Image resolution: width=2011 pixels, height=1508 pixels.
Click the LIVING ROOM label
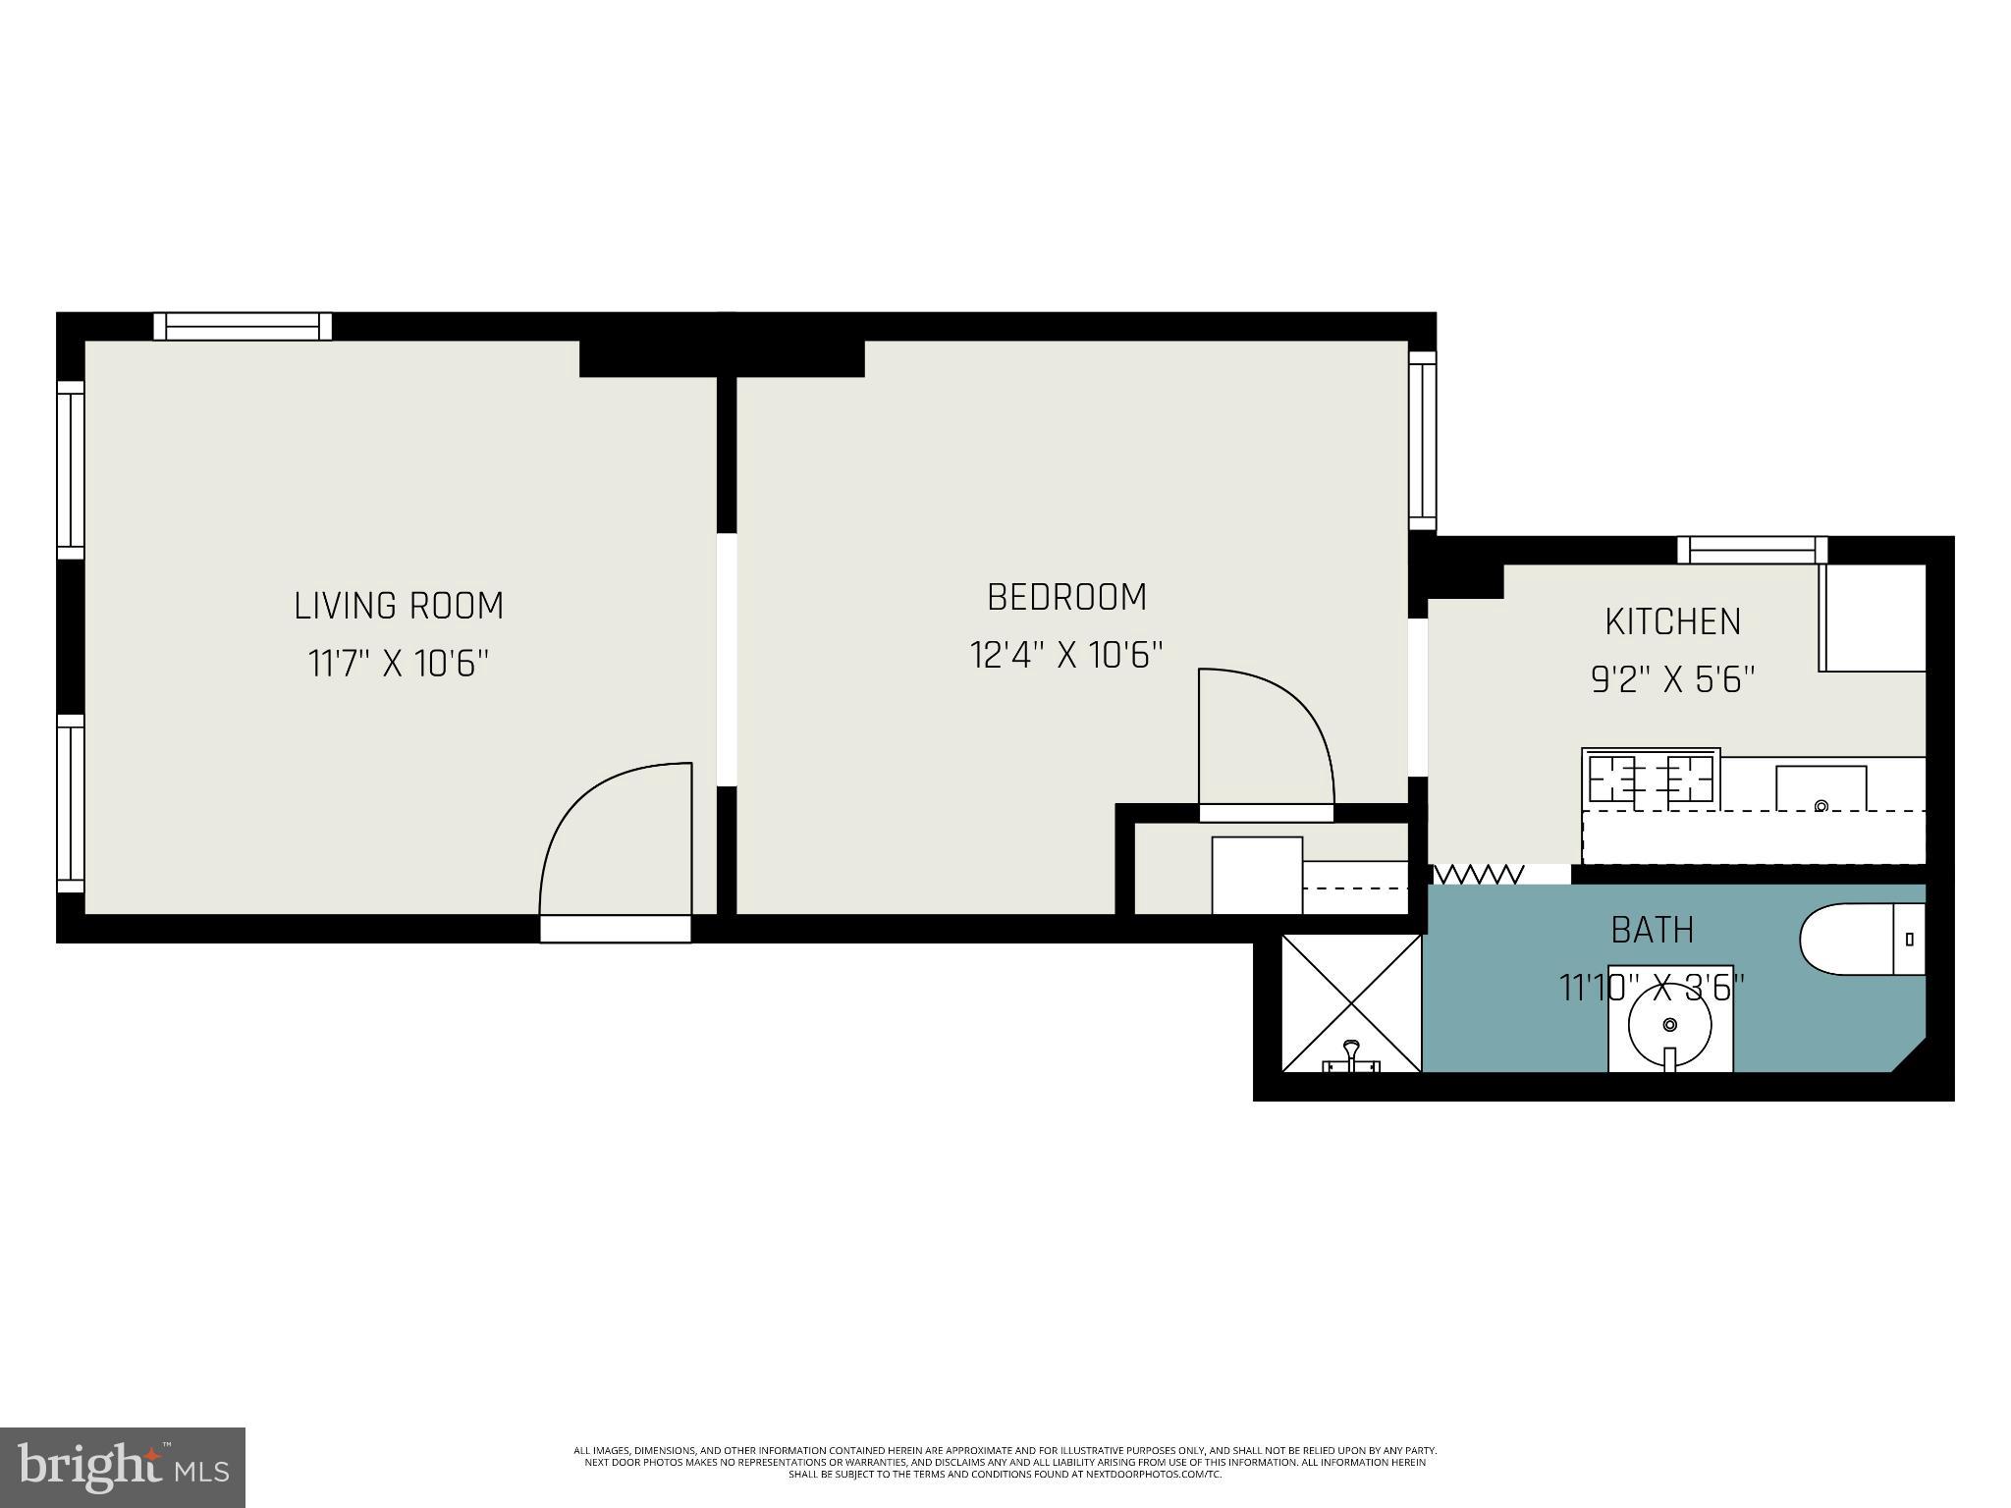coord(399,606)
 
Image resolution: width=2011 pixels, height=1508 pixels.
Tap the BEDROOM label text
coord(1066,597)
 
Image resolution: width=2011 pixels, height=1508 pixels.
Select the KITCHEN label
coord(1672,621)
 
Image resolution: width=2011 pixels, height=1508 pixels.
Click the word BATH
coord(1653,930)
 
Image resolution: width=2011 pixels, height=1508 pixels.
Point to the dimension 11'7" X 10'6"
coord(399,665)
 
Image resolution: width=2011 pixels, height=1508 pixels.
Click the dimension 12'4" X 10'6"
coord(1066,655)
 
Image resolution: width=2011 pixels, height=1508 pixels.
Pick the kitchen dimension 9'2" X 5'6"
coord(1672,679)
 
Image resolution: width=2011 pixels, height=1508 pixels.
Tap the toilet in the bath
coord(1861,940)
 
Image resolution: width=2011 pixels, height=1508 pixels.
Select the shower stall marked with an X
coord(1352,1002)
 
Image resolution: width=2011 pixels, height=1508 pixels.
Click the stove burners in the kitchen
coord(1651,780)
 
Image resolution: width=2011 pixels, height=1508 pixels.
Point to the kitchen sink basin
coord(1821,788)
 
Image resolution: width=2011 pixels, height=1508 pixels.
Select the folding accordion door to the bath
coord(1479,874)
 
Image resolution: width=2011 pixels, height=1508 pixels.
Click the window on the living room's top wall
coord(243,326)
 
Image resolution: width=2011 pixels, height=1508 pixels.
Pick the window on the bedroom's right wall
coord(1422,441)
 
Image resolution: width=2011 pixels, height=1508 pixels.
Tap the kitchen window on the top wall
coord(1752,550)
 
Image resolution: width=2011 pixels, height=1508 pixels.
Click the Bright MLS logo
coord(123,1467)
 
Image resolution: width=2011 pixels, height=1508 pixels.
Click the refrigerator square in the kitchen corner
coord(1873,618)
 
